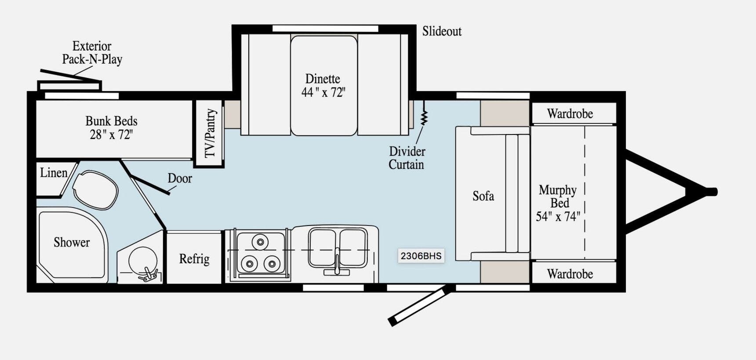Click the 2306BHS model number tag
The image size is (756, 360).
coord(421,256)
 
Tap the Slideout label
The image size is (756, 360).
coord(442,31)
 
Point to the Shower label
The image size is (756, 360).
coord(72,242)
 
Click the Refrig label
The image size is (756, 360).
coord(194,259)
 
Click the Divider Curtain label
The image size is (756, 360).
coord(407,158)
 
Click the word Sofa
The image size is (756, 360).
coord(483,196)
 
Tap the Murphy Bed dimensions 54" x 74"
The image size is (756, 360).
coord(558,216)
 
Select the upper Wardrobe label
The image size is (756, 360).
coord(570,114)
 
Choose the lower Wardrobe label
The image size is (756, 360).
coord(570,274)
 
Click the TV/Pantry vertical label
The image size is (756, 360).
coord(211,133)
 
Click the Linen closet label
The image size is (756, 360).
coord(54,173)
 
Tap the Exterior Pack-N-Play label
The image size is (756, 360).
coord(92,53)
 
